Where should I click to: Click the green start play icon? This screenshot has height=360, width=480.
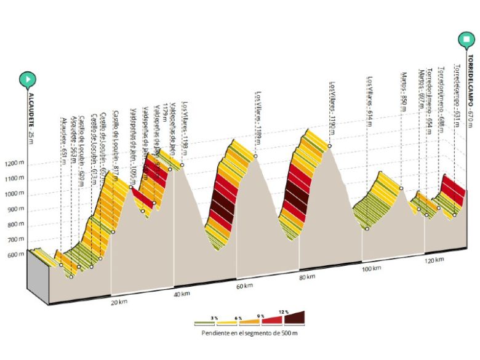(x=28, y=79)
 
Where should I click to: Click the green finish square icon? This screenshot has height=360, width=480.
(x=469, y=41)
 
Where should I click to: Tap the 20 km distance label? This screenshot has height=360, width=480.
(x=119, y=302)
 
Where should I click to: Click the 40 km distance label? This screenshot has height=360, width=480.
(x=182, y=294)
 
